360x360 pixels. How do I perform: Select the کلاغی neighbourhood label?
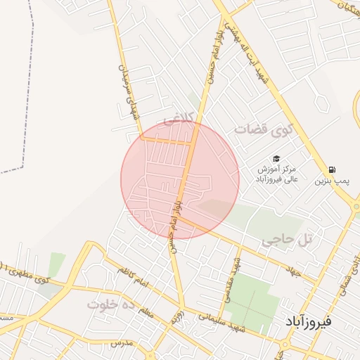[176, 121]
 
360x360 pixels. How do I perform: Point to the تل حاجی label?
[286, 240]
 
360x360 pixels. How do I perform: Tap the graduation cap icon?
[277, 159]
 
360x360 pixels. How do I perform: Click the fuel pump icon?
[331, 169]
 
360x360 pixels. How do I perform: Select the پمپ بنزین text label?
[331, 181]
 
